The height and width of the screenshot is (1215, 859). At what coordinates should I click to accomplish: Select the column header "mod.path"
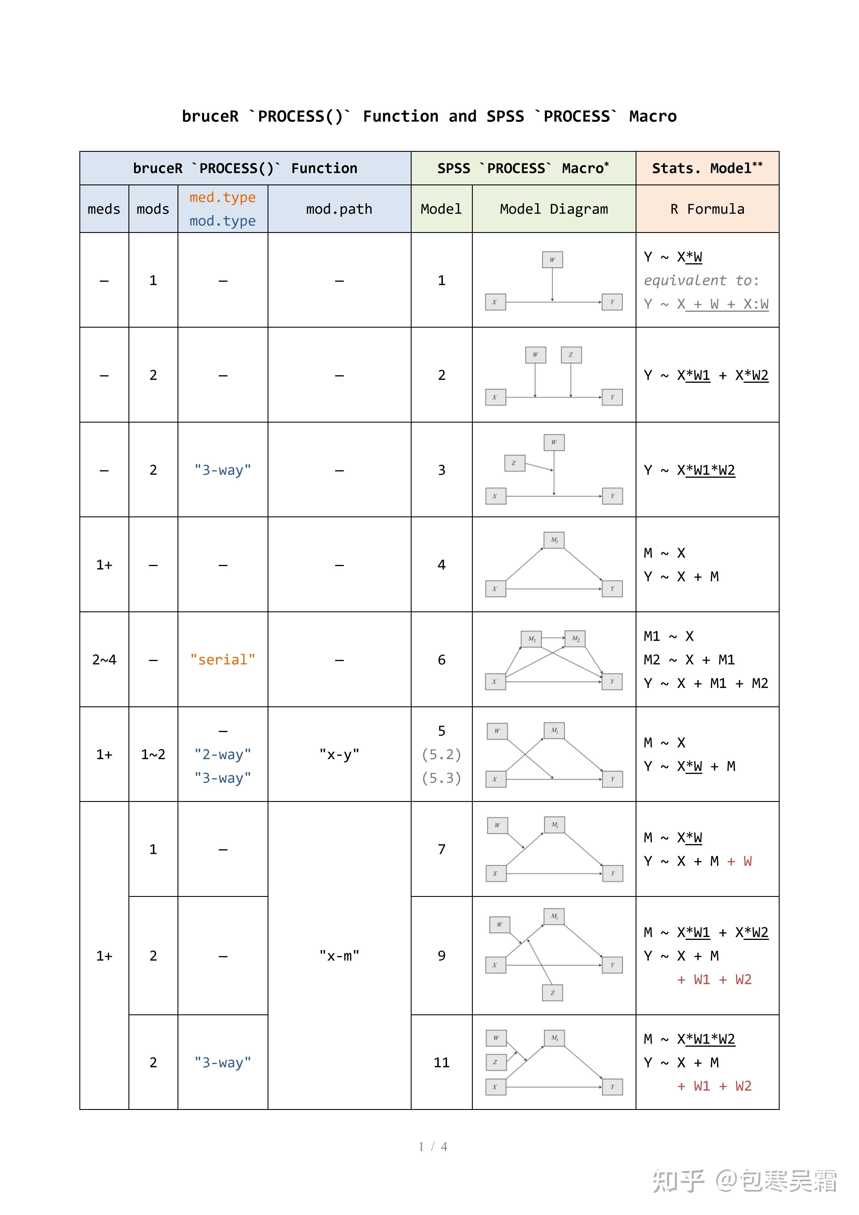[x=339, y=209]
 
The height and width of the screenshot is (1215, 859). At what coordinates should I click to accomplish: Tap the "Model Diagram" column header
[x=554, y=209]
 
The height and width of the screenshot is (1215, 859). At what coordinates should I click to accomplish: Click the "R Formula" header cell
[x=707, y=209]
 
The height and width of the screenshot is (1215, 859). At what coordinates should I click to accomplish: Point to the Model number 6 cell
[x=441, y=659]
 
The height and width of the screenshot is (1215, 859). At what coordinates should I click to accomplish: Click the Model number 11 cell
[x=441, y=1062]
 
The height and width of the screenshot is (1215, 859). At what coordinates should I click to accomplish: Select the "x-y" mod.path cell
[x=339, y=754]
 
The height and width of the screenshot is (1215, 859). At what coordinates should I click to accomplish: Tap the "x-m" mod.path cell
[x=339, y=955]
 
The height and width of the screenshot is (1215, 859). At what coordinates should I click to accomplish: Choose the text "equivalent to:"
[x=701, y=281]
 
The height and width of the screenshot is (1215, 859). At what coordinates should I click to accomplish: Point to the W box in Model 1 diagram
[x=552, y=259]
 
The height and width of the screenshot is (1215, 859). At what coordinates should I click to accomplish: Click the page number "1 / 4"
[x=432, y=1146]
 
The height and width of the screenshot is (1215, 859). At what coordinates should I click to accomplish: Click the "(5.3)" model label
[x=441, y=778]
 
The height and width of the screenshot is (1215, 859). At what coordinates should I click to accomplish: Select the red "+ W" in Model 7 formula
[x=740, y=861]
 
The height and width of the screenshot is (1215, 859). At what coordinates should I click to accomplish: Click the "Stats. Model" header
[x=707, y=168]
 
